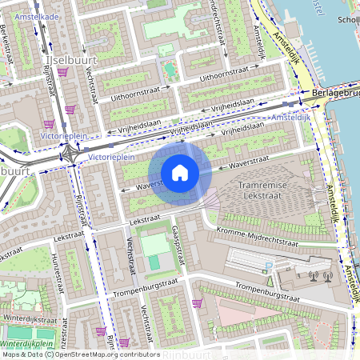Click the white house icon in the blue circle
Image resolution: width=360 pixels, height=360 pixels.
tap(180, 173)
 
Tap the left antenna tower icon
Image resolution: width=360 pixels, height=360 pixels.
tap(312, 277)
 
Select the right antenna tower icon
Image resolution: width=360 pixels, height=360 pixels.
tap(326, 277)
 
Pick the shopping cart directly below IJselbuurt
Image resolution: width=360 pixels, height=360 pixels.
tap(62, 73)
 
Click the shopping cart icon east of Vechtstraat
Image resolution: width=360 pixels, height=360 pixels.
tap(196, 302)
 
